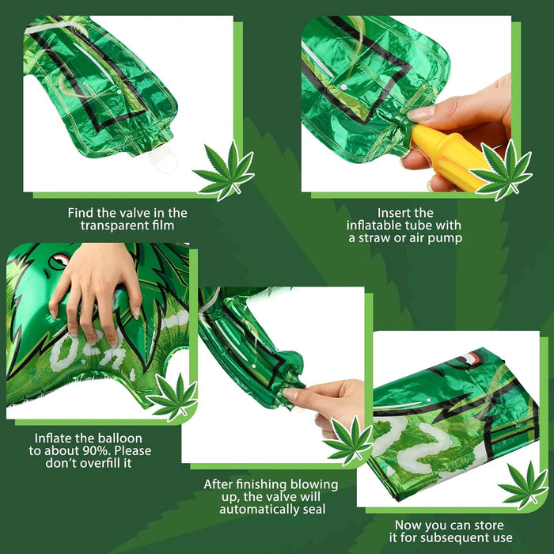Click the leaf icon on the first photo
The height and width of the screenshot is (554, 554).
click(223, 169)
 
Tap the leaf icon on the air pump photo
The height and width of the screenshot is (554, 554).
click(500, 169)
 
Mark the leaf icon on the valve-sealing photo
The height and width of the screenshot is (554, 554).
click(348, 440)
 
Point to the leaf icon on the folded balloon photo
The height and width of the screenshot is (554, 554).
click(522, 484)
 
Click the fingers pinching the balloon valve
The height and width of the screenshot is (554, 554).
click(305, 393)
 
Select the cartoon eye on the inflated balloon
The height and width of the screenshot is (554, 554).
click(59, 260)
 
